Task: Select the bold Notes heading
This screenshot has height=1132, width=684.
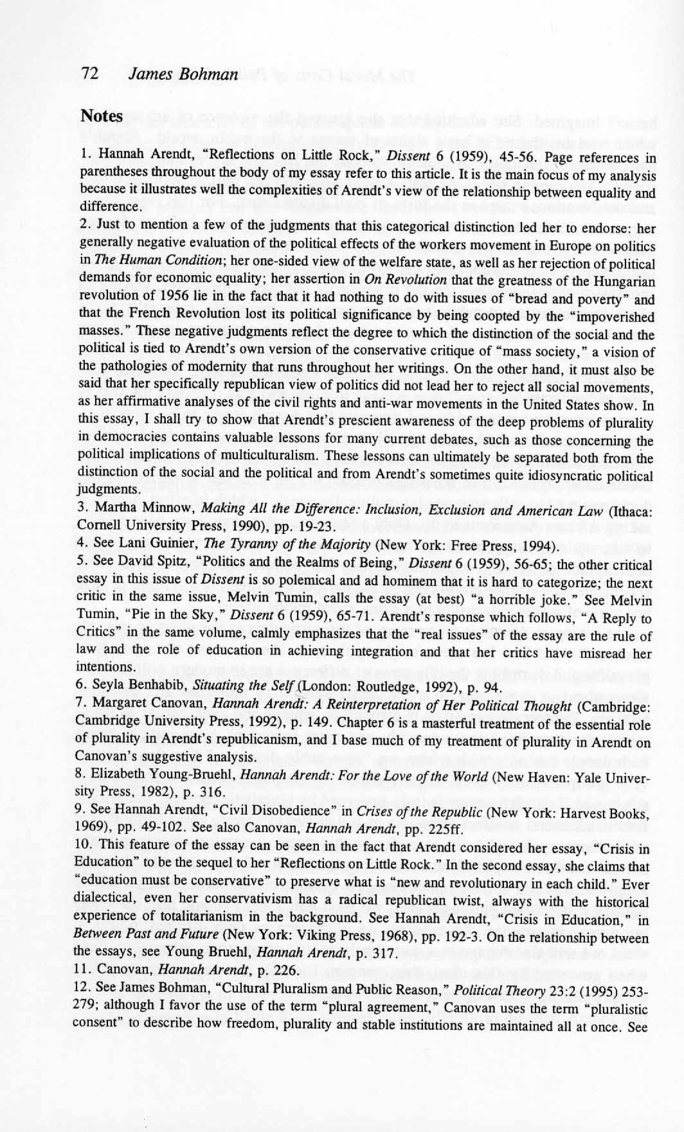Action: (x=102, y=116)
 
